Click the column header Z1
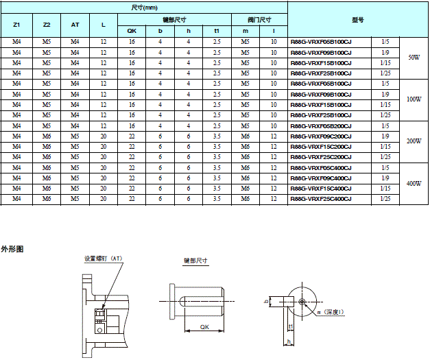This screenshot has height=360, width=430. (x=16, y=25)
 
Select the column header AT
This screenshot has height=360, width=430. (x=75, y=25)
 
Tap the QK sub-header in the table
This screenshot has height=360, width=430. (x=132, y=31)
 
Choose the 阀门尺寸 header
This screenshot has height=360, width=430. (x=259, y=19)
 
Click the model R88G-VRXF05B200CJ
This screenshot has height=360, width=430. (x=321, y=126)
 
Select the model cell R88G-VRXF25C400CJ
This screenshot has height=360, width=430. (x=321, y=199)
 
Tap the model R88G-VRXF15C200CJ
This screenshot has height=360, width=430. (x=321, y=147)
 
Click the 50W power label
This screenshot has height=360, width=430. (x=414, y=58)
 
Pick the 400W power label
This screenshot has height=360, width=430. (x=414, y=183)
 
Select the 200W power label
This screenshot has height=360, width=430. (x=414, y=141)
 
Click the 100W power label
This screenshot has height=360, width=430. (x=414, y=99)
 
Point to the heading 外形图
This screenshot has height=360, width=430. (x=12, y=249)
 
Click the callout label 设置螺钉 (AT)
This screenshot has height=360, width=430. (x=103, y=259)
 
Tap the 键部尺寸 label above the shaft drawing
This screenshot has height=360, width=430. (x=195, y=261)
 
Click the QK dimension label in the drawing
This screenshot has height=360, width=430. (x=204, y=327)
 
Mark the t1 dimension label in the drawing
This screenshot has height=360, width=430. (x=291, y=327)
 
